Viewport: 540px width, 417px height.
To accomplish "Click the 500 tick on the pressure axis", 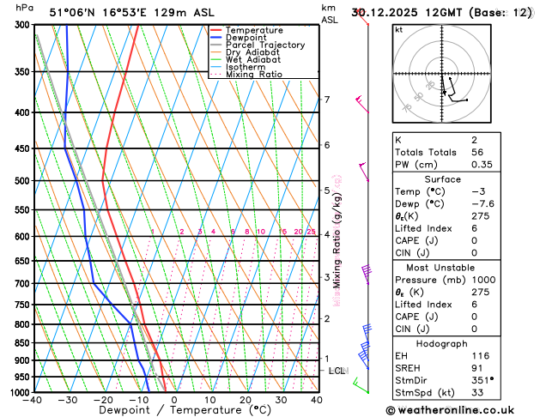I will (23, 181).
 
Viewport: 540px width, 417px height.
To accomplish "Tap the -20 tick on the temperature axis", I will (103, 400).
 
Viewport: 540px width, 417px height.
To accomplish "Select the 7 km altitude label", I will (326, 100).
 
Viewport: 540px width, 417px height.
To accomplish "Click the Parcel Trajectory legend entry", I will (264, 45).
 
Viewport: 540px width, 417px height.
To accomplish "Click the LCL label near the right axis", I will (337, 371).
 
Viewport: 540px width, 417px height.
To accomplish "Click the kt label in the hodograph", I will (398, 30).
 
